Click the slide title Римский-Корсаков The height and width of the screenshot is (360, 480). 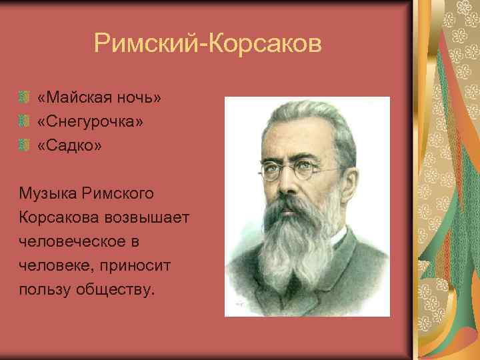click(207, 44)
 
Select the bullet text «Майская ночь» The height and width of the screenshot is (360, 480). click(99, 98)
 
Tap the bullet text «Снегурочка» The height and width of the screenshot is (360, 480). click(90, 122)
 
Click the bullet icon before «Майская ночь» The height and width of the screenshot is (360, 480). click(24, 98)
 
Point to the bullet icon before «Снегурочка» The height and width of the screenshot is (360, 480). click(24, 122)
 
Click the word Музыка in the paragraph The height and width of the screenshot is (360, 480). click(48, 194)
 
